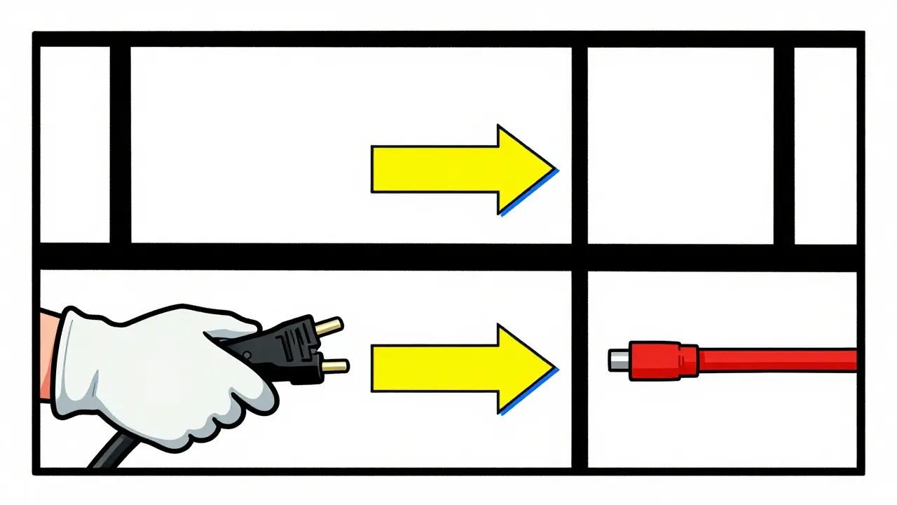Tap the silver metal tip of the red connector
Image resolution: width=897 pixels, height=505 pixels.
click(x=617, y=361)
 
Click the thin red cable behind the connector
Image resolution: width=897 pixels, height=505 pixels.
click(x=778, y=361)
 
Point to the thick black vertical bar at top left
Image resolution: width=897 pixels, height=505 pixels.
click(x=120, y=144)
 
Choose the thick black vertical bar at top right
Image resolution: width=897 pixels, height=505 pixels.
click(x=783, y=144)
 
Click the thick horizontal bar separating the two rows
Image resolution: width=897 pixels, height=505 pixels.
click(x=448, y=257)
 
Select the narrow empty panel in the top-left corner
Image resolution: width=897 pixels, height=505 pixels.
click(x=74, y=144)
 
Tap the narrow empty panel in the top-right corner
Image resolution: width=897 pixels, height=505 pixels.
click(x=825, y=144)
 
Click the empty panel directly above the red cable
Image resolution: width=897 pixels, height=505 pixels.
click(x=680, y=144)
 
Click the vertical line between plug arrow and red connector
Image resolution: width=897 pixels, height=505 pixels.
click(x=579, y=368)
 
